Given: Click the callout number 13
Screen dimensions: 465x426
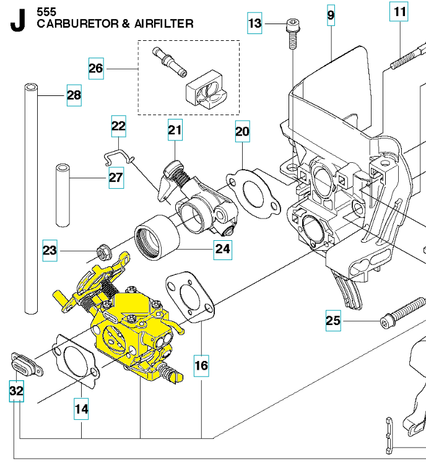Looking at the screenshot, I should tap(255, 24).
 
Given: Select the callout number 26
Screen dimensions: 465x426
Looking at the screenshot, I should tap(95, 68).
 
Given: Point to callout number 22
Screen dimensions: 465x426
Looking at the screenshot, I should tap(118, 126).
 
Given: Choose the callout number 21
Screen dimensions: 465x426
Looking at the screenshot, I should tap(175, 130).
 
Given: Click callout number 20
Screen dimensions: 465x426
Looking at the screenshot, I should tap(242, 131).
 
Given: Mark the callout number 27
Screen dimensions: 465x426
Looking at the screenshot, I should tap(116, 178).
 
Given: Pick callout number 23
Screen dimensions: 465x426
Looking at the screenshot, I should tap(50, 251).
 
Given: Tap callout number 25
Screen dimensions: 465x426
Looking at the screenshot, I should tap(333, 320).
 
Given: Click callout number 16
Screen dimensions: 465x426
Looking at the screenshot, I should tap(201, 365).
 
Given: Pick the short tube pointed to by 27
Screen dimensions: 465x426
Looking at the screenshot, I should tap(62, 195).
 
